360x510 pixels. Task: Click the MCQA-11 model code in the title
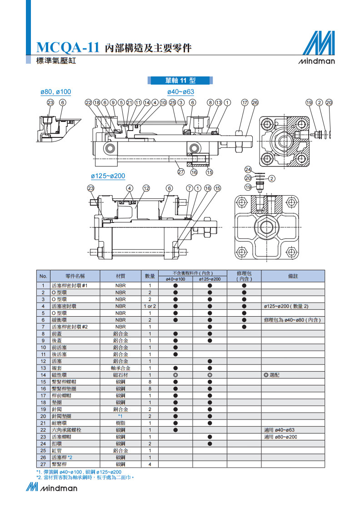68,48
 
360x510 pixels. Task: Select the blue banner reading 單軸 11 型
180,81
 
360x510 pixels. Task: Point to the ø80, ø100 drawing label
55,92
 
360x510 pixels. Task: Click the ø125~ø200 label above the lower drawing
108,176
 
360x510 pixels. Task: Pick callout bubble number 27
180,172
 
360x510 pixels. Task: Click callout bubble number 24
248,169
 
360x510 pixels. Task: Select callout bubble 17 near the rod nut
245,102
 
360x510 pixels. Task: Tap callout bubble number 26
255,102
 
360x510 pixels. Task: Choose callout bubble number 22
88,102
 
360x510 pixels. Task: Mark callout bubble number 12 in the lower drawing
146,188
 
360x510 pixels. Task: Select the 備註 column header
293,276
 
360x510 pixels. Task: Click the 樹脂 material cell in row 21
120,423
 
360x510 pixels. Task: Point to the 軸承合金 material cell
120,368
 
